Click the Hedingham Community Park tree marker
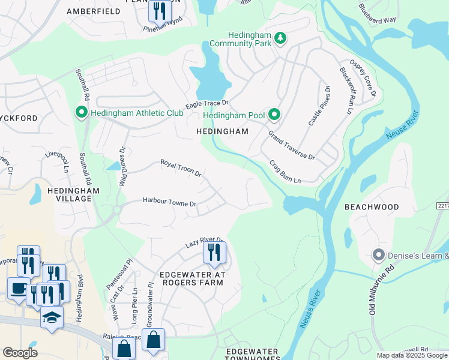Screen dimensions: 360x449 click(x=280, y=38)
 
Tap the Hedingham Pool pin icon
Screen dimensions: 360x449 click(x=274, y=113)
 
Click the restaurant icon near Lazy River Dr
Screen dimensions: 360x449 click(x=214, y=252)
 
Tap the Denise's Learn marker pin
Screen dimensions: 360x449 click(x=378, y=256)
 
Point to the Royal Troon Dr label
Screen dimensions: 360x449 click(x=180, y=167)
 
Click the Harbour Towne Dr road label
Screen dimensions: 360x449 click(x=169, y=203)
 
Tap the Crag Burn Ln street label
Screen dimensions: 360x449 click(x=285, y=172)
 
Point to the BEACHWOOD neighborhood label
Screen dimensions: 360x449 click(x=372, y=207)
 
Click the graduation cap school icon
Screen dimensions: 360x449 click(x=52, y=316)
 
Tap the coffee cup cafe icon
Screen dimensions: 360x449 click(x=17, y=289)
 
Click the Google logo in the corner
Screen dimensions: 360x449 click(x=20, y=353)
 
